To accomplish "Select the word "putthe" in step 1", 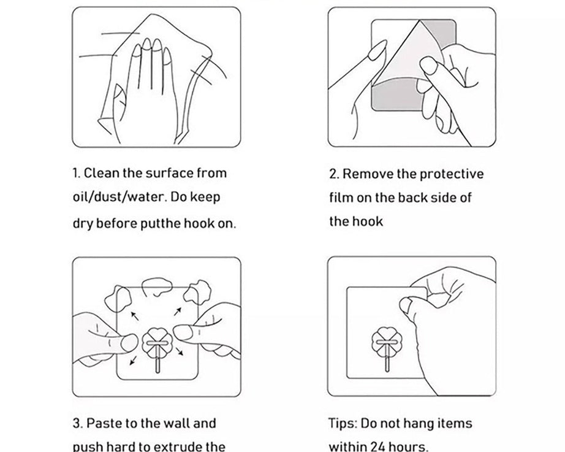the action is click(161, 224).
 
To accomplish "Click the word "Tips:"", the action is click(343, 424).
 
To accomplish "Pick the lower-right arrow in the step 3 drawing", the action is click(180, 351).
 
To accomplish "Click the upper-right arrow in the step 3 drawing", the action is click(178, 312).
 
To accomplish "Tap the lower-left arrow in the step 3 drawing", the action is click(133, 360).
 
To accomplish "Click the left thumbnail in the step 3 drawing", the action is click(129, 343).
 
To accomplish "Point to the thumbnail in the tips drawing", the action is click(406, 307).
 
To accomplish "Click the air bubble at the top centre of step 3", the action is click(157, 286).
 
